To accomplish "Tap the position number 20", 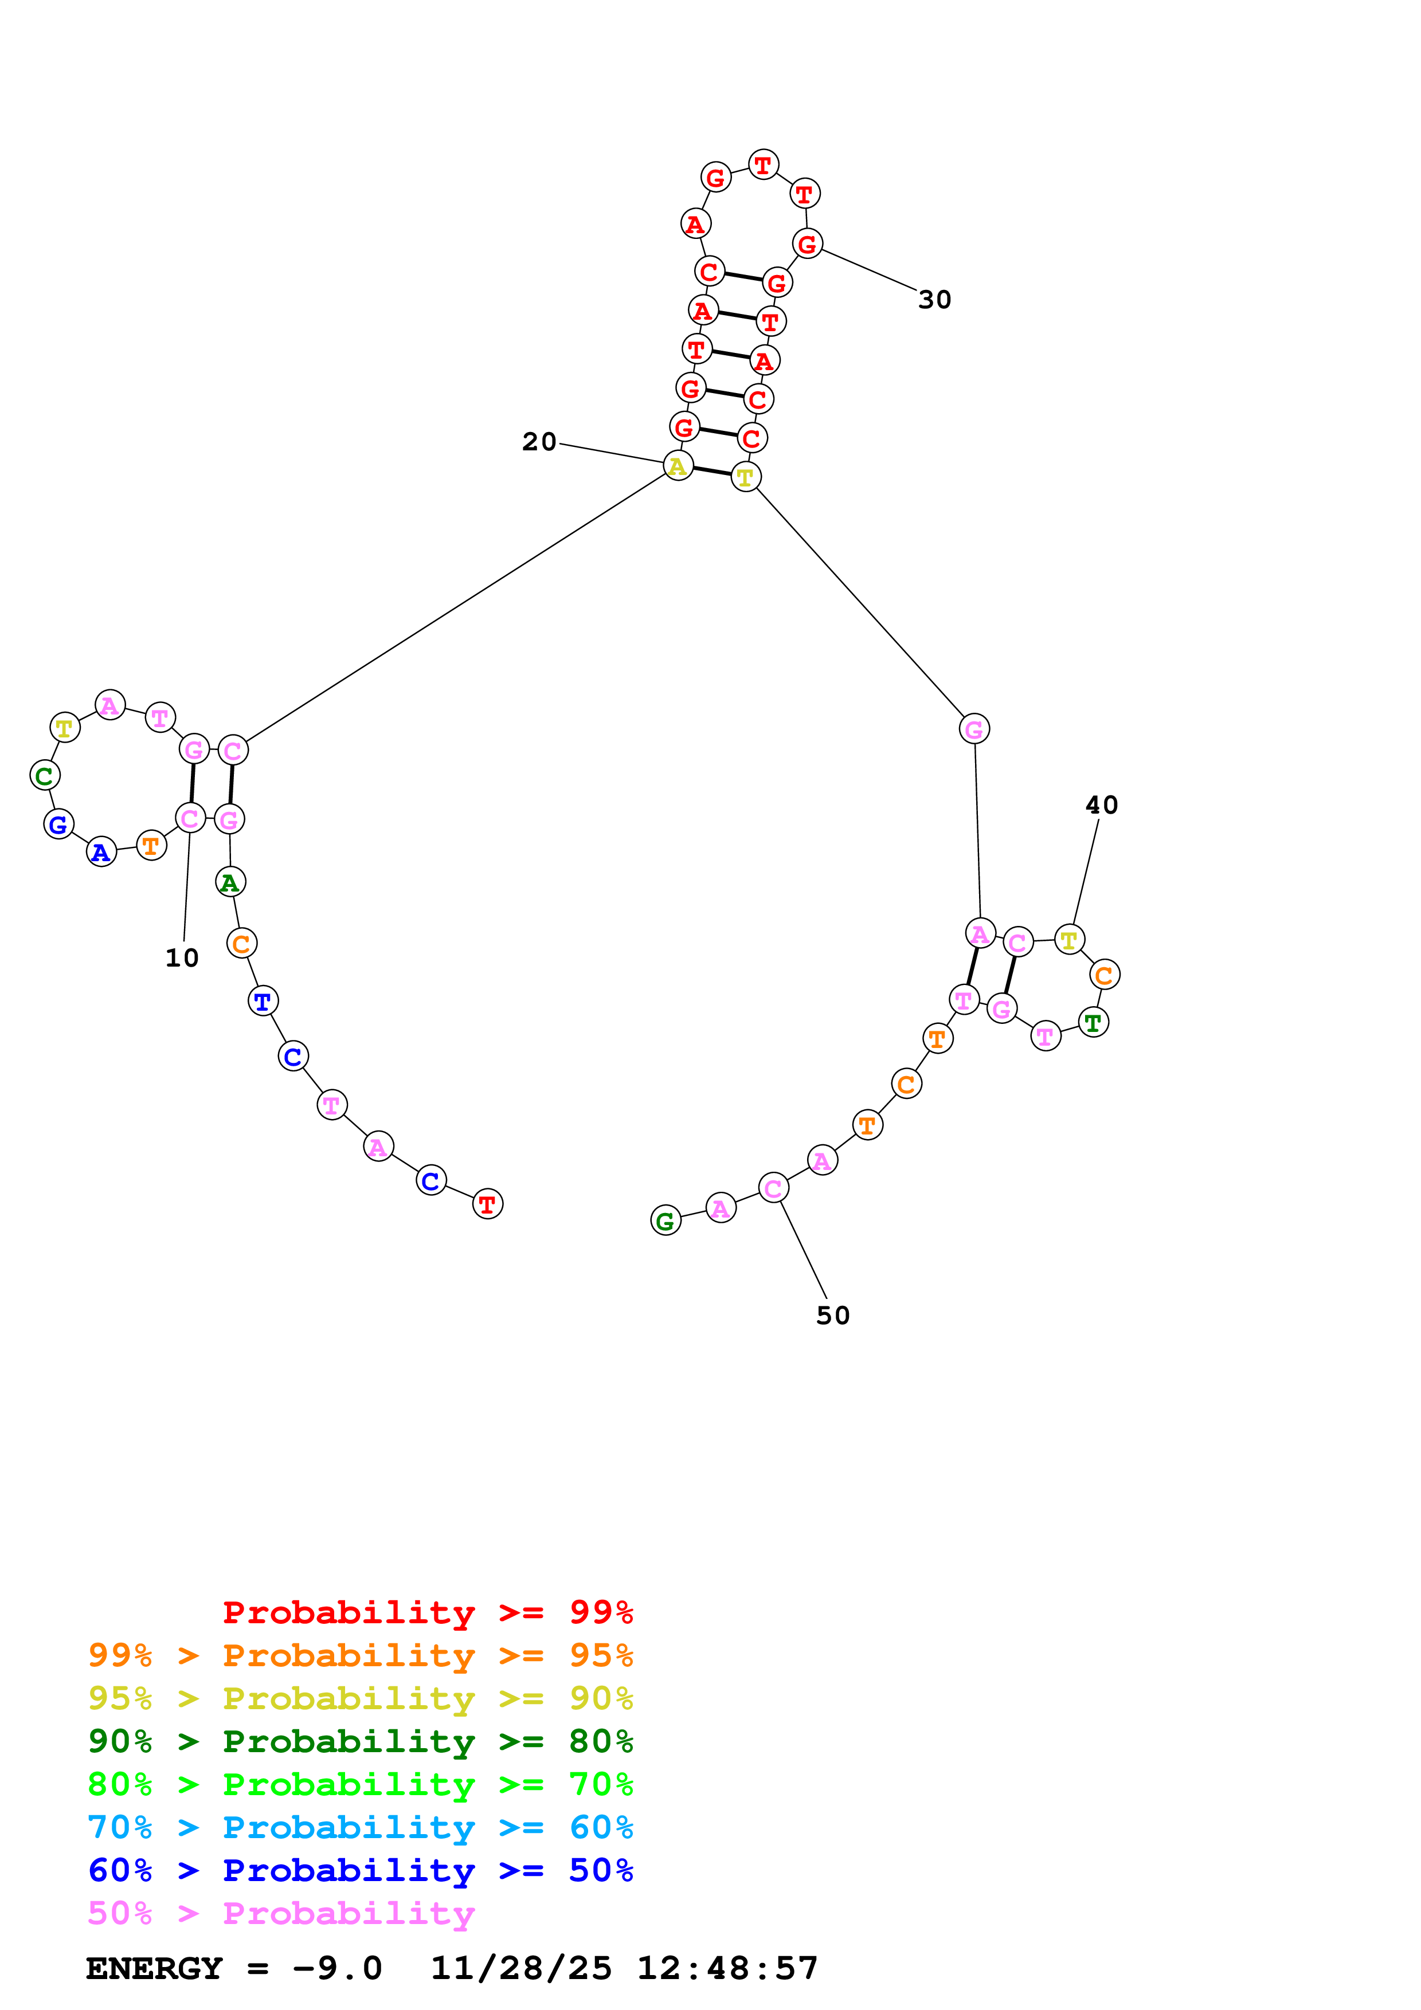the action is [x=539, y=442].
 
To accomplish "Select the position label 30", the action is [x=934, y=300].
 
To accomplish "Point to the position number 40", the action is [x=1101, y=806].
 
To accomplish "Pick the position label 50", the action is [x=833, y=1316].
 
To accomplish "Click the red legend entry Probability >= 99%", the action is [x=427, y=1612].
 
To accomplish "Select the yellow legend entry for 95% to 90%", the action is [x=360, y=1699].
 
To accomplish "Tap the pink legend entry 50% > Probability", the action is [x=281, y=1914].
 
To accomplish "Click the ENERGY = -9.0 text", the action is [x=234, y=1969].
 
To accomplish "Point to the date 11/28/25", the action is [x=521, y=1969].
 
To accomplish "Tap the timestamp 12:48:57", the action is [x=727, y=1969].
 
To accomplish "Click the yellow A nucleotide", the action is [x=678, y=466].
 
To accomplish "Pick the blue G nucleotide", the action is [x=58, y=824].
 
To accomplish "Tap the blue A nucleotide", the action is [x=101, y=852].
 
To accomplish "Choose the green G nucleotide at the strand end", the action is [x=666, y=1220].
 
